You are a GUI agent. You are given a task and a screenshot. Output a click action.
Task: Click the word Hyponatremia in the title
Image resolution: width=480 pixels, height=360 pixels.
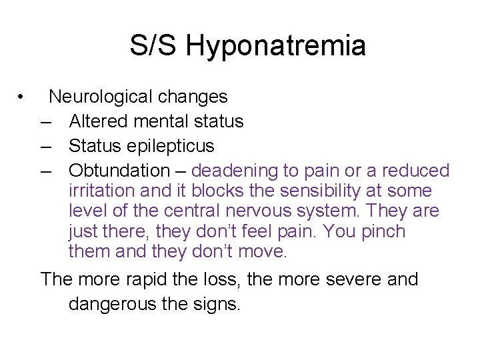(275, 47)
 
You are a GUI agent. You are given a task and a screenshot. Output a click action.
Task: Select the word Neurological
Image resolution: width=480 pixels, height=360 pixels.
(101, 97)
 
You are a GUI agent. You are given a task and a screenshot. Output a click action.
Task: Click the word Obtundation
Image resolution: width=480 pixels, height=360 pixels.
(119, 171)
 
